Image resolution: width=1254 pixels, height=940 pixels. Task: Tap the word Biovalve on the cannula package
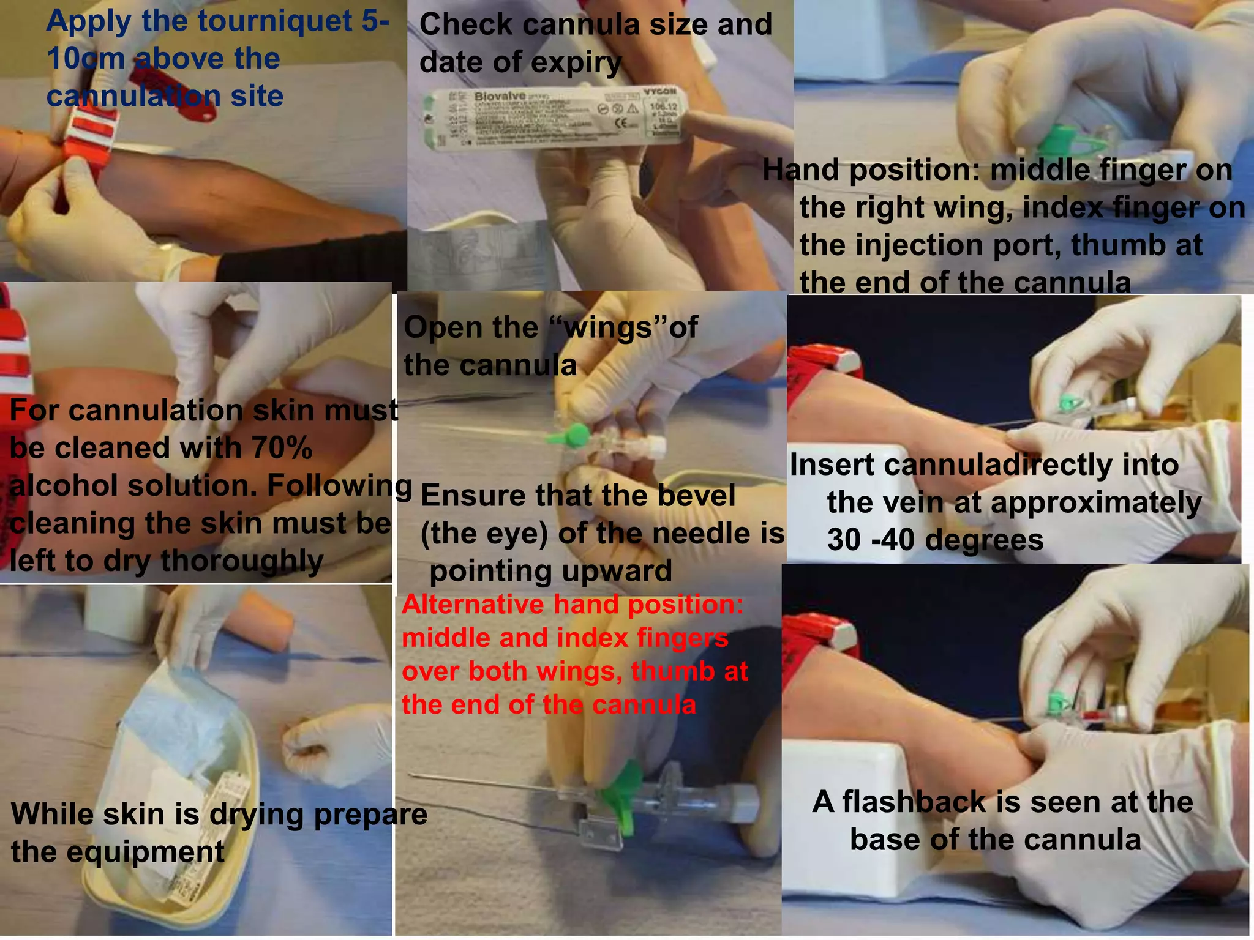(499, 97)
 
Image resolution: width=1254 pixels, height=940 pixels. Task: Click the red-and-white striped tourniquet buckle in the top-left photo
(90, 138)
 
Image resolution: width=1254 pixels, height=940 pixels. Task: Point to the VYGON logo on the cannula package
(660, 91)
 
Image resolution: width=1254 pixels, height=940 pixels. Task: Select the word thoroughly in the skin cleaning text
(242, 561)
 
